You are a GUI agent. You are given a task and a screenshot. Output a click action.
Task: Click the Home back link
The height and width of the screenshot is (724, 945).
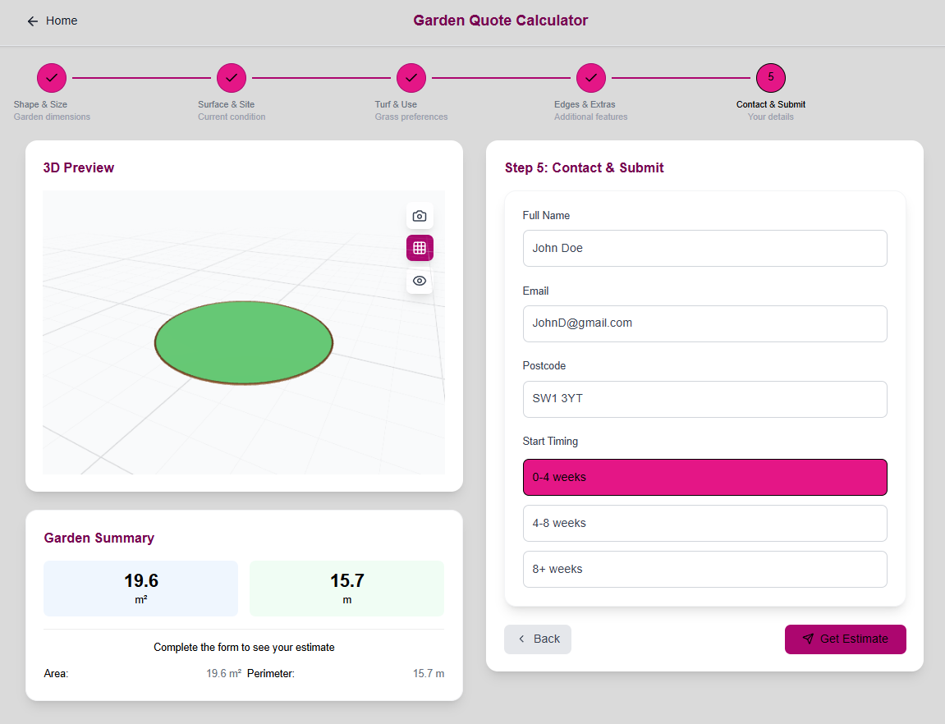tap(52, 21)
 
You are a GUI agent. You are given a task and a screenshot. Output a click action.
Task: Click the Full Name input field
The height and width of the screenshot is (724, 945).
tap(704, 248)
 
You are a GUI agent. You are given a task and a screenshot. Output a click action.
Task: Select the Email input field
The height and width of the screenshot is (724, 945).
tap(704, 323)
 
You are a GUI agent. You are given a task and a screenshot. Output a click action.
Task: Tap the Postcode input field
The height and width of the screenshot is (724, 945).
tap(704, 399)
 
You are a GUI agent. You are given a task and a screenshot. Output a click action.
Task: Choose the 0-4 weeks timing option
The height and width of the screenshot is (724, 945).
tap(704, 477)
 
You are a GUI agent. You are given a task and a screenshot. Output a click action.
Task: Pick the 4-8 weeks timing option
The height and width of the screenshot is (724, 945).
tap(704, 523)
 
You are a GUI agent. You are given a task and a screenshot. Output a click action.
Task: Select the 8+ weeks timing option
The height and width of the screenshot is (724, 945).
tap(704, 569)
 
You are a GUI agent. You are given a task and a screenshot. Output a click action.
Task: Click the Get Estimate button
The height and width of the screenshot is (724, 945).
tap(845, 639)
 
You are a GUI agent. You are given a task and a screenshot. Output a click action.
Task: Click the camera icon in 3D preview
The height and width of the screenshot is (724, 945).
tap(420, 216)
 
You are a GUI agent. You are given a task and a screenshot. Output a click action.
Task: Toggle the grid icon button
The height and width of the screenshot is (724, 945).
tap(420, 248)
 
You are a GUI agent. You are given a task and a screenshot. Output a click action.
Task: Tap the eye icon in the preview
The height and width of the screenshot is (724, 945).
tap(420, 281)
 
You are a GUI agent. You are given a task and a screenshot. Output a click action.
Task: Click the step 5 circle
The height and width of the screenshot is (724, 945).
tap(770, 77)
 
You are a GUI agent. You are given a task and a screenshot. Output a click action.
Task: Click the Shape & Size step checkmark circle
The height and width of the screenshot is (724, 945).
tap(52, 77)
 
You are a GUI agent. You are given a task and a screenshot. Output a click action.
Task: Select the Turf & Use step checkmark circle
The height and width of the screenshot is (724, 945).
tap(411, 77)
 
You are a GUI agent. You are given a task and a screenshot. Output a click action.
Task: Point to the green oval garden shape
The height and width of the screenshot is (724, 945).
tap(244, 342)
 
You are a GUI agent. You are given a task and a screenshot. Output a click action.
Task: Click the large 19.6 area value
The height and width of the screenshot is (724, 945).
tap(141, 581)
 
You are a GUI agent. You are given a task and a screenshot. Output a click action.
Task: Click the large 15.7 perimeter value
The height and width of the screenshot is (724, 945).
tap(346, 581)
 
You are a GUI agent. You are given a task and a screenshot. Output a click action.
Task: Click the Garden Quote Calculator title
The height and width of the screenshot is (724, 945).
tap(500, 21)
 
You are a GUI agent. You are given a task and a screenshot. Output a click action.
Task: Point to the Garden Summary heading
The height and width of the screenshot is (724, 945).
tap(99, 538)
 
